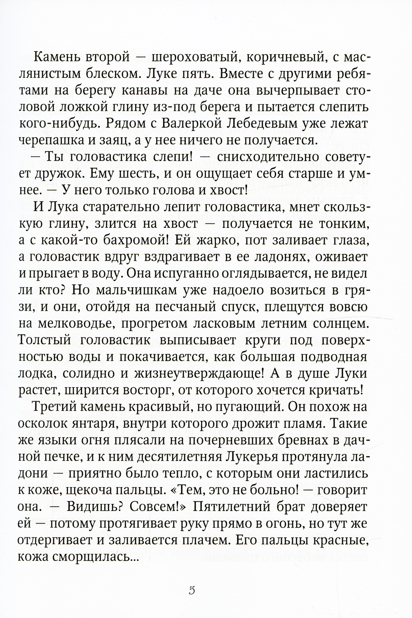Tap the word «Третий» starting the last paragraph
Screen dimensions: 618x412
[x=55, y=417]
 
